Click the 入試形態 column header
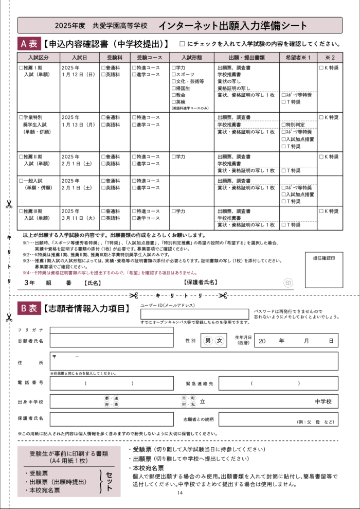click(192, 57)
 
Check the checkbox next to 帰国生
click(173, 88)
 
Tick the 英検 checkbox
click(173, 101)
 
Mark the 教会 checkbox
click(173, 95)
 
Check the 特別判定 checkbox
click(283, 125)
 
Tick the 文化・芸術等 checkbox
click(173, 81)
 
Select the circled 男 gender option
click(208, 341)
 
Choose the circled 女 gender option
click(220, 341)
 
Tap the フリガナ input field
click(112, 330)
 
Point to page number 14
click(179, 493)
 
